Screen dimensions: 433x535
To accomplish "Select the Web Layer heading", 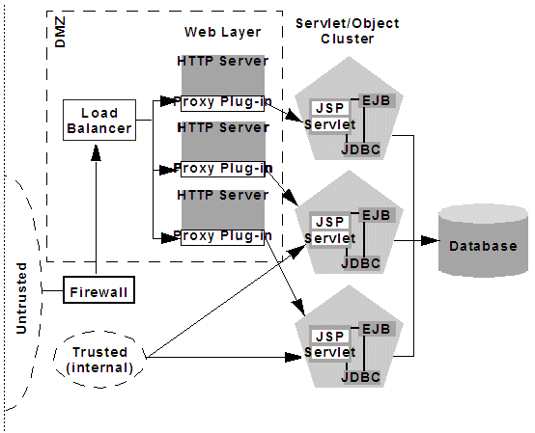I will tap(222, 32).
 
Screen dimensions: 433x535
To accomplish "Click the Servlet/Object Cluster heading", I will tap(334, 30).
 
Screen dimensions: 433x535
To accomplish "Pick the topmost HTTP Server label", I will tap(221, 61).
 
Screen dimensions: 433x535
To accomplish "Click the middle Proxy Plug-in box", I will tap(221, 169).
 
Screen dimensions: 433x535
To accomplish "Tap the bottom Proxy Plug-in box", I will tap(221, 236).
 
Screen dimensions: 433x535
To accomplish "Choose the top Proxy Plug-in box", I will tap(221, 100).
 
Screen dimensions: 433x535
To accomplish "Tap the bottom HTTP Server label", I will tap(221, 196).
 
